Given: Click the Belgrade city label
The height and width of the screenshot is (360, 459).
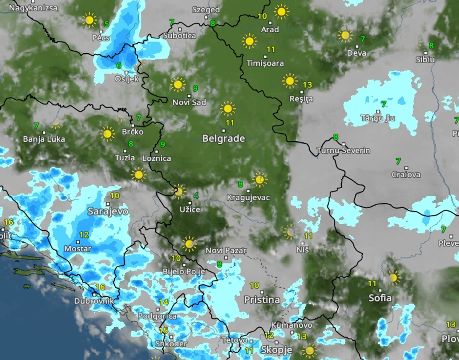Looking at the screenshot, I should coord(224,139).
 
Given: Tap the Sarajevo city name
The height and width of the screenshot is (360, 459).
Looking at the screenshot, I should coord(108,212).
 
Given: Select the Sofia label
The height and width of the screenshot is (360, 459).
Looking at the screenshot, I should coord(380,297).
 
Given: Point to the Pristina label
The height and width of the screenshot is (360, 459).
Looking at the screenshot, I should coord(262,299).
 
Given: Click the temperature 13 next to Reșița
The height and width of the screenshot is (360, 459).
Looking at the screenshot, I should coord(307,85).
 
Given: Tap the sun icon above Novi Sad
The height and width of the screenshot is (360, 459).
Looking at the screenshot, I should coord(178,85).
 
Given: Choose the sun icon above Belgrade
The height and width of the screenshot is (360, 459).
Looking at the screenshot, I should coord(227,108).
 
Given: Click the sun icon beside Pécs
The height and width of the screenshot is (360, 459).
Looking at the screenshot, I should coord(89,21).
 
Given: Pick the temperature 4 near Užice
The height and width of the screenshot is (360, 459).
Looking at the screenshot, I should coord(196,196).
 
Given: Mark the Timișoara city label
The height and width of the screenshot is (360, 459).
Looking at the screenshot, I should coord(265,64).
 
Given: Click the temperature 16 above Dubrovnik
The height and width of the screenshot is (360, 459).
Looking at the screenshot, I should coord(101,287).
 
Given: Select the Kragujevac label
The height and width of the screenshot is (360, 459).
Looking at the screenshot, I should coord(248,197).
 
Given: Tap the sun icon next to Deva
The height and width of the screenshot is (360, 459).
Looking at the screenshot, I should coord(345,36).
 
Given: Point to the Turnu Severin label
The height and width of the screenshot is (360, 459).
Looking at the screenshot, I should coord(343,150).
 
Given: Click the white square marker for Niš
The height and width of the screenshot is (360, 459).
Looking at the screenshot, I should coord(299,243).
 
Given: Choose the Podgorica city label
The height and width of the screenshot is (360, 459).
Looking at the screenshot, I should coord(157,316).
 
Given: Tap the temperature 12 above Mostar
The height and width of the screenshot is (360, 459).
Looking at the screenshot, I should coord(84,235).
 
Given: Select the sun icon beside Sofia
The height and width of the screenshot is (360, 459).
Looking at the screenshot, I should coord(393,278).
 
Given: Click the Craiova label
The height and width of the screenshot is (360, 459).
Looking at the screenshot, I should coord(406,174).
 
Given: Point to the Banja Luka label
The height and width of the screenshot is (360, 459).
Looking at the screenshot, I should coord(44,139).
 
